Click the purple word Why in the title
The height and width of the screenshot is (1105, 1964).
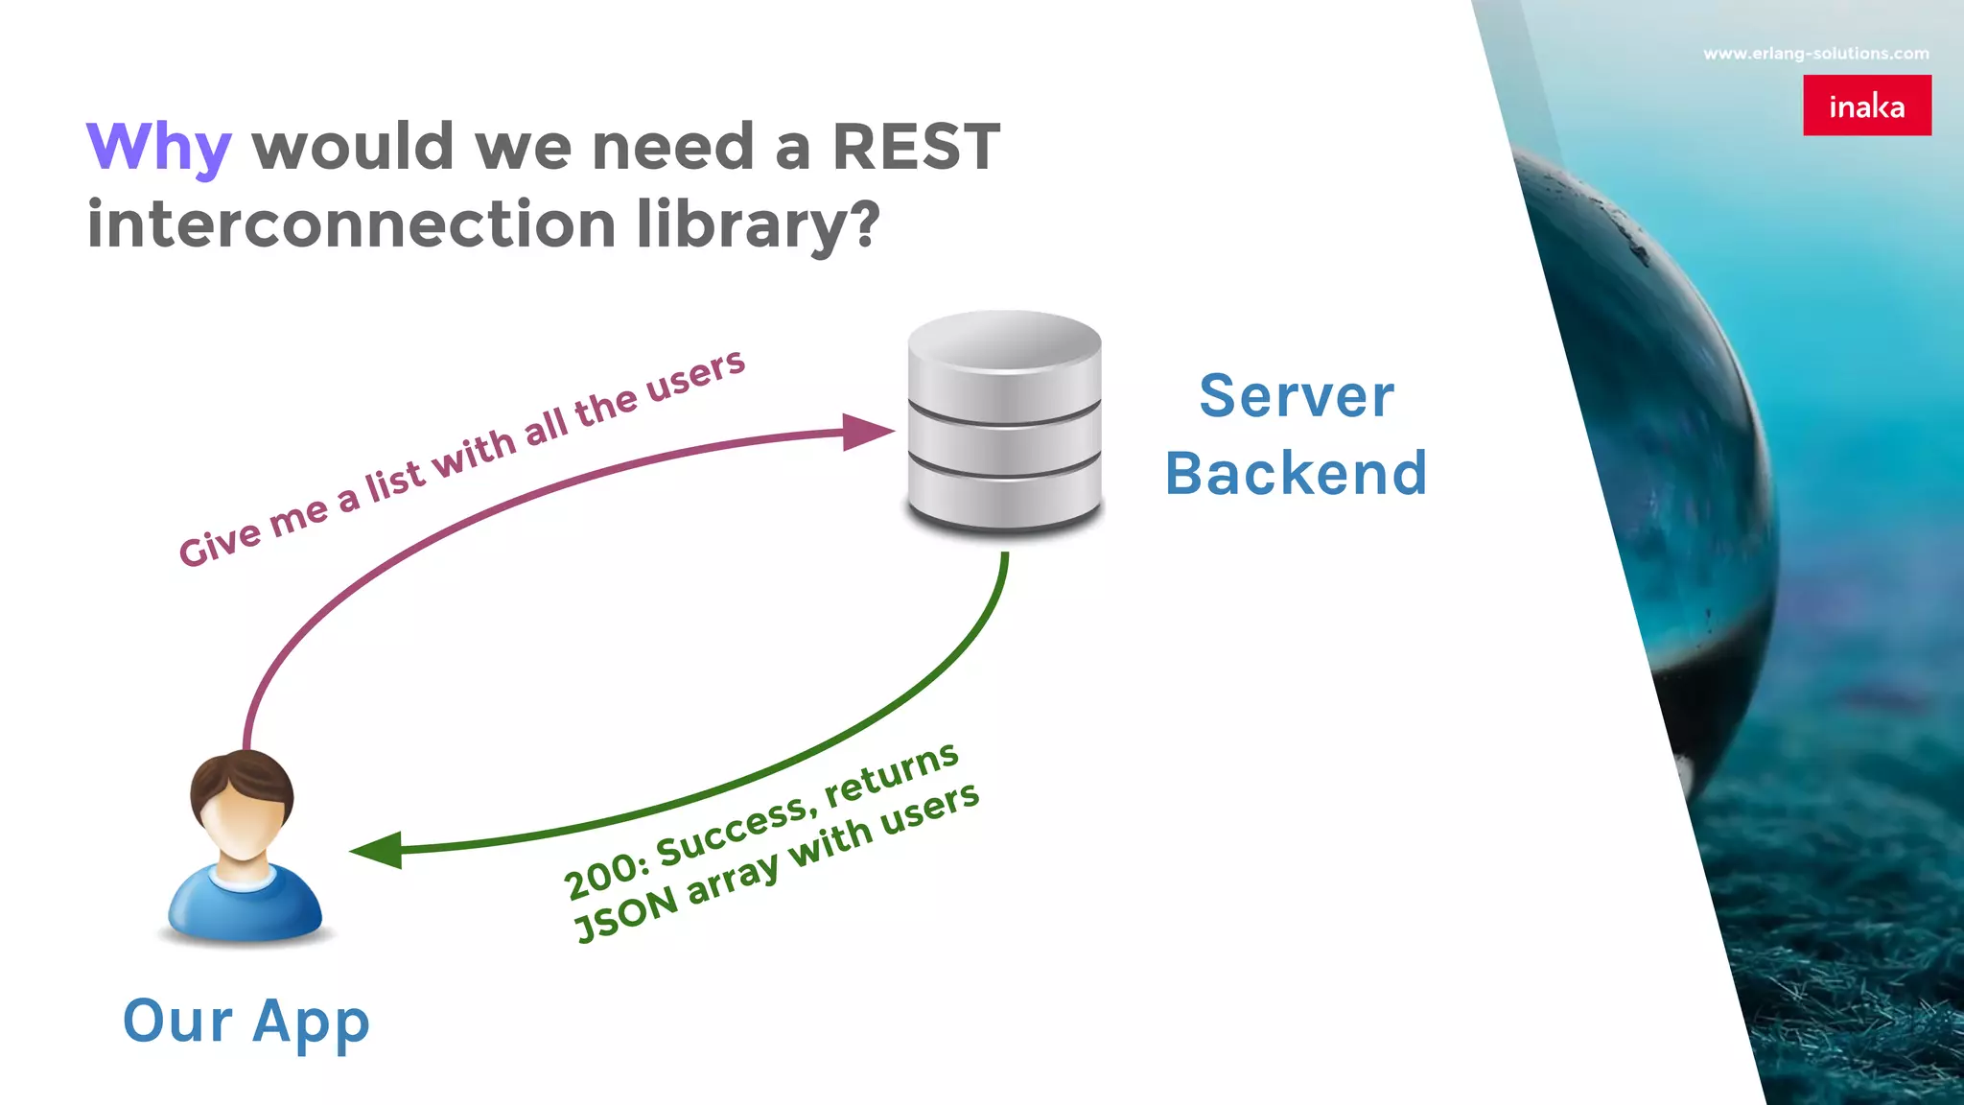(158, 148)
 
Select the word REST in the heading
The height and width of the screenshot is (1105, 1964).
(915, 148)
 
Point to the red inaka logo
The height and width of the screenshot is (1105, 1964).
(1866, 106)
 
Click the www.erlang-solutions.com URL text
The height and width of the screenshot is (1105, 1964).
(1815, 54)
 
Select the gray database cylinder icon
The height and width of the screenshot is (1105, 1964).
(1004, 422)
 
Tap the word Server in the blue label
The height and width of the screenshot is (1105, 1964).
(1297, 396)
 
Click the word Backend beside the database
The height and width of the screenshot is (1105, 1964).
(1297, 474)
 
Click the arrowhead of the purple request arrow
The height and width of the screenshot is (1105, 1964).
(866, 432)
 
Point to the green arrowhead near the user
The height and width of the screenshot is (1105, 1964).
(378, 850)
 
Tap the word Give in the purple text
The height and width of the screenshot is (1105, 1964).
(220, 547)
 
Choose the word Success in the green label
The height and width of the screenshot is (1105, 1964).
(734, 834)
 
